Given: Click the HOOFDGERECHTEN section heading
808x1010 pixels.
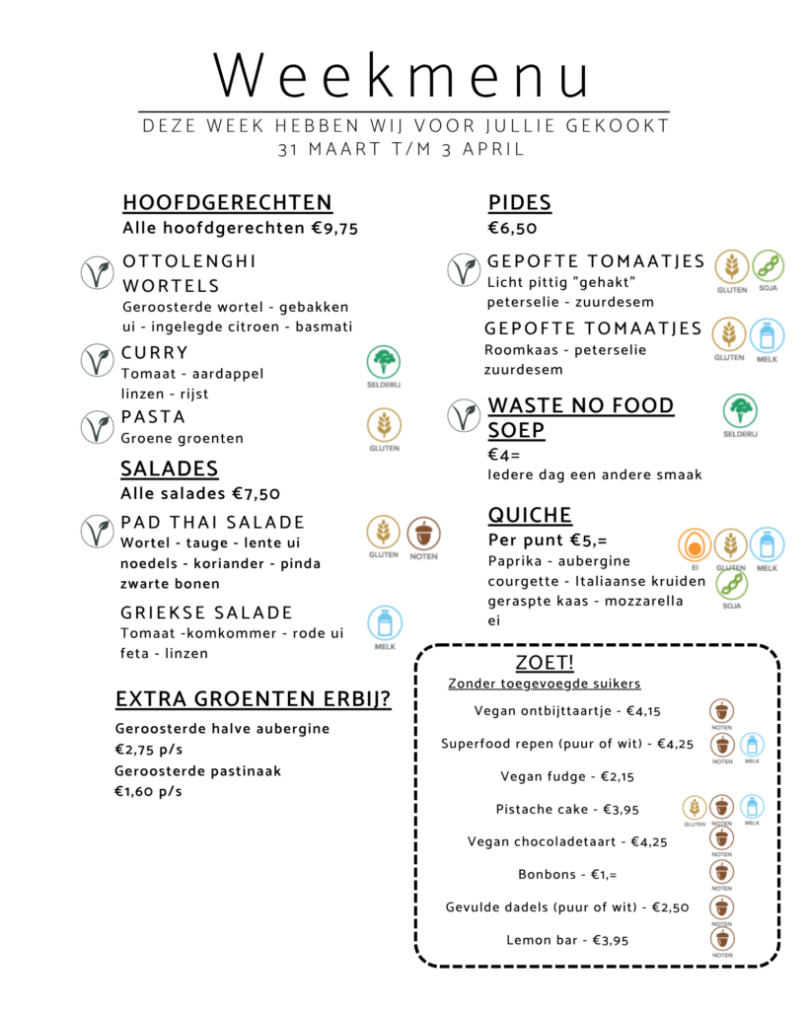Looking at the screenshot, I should point(227,203).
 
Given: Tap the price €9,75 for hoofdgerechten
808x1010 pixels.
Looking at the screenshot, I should point(334,229).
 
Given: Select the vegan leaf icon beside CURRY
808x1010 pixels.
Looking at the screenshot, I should point(97,362).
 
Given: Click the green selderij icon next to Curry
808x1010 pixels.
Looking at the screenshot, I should point(384,363).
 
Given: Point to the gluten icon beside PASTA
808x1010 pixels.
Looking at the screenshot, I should point(384,425).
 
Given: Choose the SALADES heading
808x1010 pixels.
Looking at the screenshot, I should point(170,469).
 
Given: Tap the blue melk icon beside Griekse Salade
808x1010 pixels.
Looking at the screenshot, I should point(384,623).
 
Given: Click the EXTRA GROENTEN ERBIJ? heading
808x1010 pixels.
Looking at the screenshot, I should point(253,700).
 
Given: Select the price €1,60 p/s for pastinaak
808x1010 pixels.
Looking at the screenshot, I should point(148,791).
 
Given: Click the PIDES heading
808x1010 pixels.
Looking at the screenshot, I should point(519,203).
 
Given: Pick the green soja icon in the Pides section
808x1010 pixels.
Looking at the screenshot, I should point(768,266).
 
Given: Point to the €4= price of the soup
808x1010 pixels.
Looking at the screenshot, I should point(504,455).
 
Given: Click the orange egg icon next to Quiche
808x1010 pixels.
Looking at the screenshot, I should point(694,545).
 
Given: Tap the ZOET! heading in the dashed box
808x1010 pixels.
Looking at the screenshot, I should point(545,662).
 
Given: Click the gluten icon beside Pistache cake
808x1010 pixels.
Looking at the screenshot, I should point(695,808).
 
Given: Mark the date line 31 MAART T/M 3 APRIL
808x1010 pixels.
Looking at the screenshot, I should point(402,150).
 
